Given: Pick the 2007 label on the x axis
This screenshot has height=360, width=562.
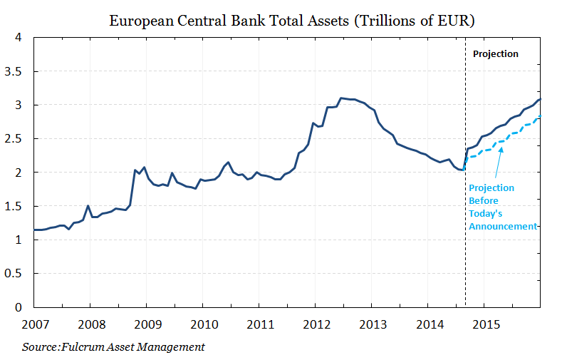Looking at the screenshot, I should [33, 325].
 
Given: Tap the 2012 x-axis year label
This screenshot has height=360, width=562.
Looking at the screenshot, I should [316, 325].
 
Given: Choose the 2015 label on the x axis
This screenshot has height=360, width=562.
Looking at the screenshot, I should [484, 325].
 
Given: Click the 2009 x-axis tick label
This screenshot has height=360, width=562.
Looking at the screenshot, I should [146, 325].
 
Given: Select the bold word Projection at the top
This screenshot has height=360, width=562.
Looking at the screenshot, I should [496, 54].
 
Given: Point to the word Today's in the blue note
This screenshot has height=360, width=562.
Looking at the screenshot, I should [484, 214].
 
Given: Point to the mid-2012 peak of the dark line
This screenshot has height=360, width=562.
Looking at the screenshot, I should [342, 98].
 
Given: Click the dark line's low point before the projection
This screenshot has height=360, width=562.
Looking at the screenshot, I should [462, 170].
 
